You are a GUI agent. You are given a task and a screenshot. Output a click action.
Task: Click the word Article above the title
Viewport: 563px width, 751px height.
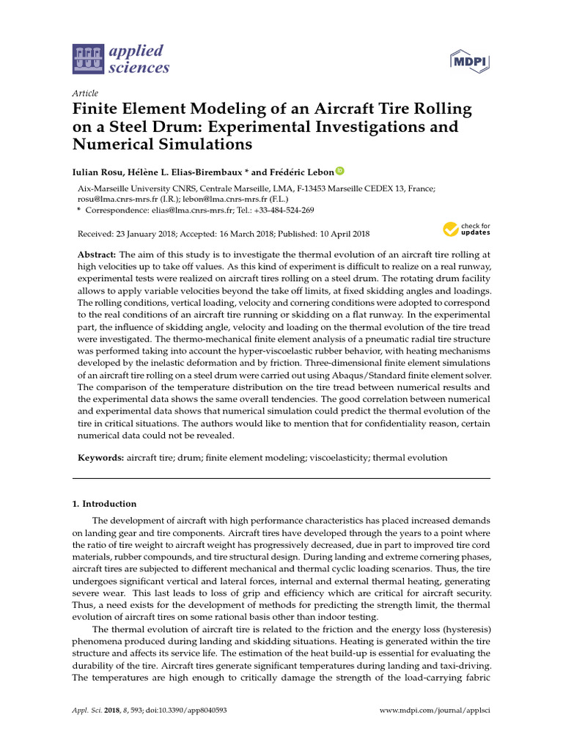pyautogui.click(x=85, y=93)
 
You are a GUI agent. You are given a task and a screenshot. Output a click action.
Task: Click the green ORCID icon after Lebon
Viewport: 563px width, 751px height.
pyautogui.click(x=339, y=171)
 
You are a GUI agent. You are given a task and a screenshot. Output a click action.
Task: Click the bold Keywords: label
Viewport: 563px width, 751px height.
pyautogui.click(x=100, y=458)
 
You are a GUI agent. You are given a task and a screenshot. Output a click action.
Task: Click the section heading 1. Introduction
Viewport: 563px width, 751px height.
pyautogui.click(x=104, y=504)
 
